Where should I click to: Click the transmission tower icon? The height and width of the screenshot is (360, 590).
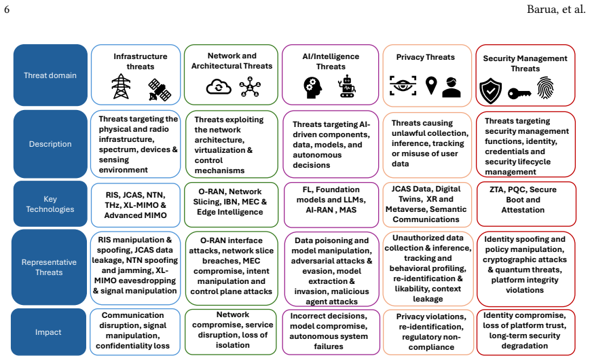pyautogui.click(x=121, y=87)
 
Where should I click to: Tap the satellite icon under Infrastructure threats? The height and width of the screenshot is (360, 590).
pyautogui.click(x=160, y=90)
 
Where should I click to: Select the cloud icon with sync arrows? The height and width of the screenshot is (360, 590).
pyautogui.click(x=219, y=87)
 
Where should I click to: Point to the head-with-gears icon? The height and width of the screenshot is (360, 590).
pyautogui.click(x=313, y=88)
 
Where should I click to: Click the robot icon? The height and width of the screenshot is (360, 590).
pyautogui.click(x=348, y=86)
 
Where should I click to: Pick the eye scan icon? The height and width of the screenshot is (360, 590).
pyautogui.click(x=403, y=86)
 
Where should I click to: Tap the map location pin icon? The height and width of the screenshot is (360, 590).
pyautogui.click(x=431, y=86)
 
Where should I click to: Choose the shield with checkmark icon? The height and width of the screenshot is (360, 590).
pyautogui.click(x=491, y=91)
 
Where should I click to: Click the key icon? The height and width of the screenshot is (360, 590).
pyautogui.click(x=519, y=93)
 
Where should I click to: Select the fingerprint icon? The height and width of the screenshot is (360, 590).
pyautogui.click(x=545, y=88)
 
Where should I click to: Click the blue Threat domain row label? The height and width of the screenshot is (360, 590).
pyautogui.click(x=50, y=75)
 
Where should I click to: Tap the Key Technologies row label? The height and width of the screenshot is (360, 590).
pyautogui.click(x=50, y=204)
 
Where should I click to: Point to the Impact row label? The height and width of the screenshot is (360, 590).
pyautogui.click(x=48, y=331)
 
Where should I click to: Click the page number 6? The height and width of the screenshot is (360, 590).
pyautogui.click(x=7, y=9)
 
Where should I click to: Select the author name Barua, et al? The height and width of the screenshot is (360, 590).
pyautogui.click(x=556, y=9)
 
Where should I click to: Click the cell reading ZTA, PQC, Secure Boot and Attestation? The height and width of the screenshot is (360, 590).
pyautogui.click(x=526, y=204)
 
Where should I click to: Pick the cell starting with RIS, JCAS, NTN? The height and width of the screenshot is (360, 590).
pyautogui.click(x=136, y=205)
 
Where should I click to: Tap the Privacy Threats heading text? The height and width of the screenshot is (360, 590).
pyautogui.click(x=425, y=57)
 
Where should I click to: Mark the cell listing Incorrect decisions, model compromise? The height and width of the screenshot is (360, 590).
pyautogui.click(x=331, y=332)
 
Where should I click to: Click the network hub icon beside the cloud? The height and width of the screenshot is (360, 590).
pyautogui.click(x=250, y=87)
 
